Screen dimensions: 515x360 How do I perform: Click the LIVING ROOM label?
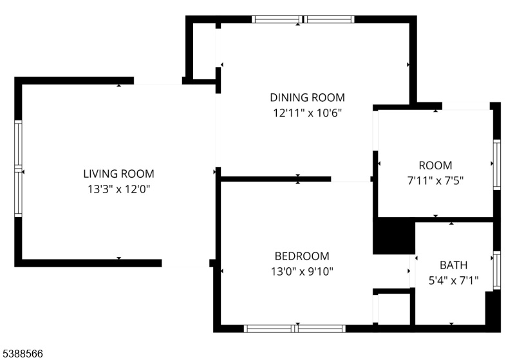coord(118,174)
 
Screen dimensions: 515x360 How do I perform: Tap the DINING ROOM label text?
coord(308,97)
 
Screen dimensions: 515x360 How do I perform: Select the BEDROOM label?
coord(302,256)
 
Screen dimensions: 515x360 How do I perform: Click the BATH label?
coord(453,265)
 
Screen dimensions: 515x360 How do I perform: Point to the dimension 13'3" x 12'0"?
coord(118,189)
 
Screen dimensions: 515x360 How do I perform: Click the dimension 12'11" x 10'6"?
coord(308,113)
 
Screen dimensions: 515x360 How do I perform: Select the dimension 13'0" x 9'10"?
coord(302,272)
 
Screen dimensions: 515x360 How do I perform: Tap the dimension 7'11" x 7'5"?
coord(435,181)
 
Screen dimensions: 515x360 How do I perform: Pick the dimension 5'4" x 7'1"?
coord(453,281)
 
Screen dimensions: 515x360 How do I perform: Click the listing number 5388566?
coord(23,354)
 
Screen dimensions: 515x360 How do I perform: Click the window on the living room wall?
coord(18,169)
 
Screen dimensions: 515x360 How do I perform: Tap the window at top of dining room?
coord(303,19)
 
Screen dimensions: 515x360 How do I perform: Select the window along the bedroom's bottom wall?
coord(295,329)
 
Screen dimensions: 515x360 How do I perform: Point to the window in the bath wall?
coord(497,270)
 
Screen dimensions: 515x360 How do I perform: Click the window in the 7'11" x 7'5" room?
coord(497,165)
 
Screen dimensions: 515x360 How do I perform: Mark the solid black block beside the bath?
coord(394,236)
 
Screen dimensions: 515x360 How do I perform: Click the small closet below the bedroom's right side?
coord(394,308)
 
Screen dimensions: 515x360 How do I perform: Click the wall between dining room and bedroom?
coord(276,179)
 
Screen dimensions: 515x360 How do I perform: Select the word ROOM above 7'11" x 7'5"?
coord(435,166)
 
